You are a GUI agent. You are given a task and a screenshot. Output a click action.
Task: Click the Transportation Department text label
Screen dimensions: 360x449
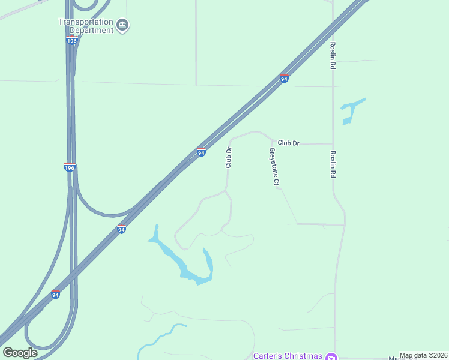click(x=85, y=26)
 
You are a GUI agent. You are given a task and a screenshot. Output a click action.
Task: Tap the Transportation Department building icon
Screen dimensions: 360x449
click(x=123, y=25)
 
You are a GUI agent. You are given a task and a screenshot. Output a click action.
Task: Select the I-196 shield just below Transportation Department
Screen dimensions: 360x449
click(x=72, y=40)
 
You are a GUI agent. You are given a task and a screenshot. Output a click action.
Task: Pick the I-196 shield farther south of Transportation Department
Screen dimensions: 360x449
click(x=70, y=167)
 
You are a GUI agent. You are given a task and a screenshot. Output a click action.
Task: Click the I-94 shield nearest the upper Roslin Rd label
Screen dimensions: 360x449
click(x=285, y=79)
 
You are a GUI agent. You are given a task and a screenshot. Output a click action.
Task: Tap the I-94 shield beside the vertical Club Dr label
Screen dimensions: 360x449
click(x=202, y=153)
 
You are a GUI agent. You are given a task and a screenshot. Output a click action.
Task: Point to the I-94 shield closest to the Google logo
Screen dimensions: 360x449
click(x=55, y=295)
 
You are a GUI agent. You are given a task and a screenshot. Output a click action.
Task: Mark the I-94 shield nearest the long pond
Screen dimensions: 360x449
click(x=121, y=229)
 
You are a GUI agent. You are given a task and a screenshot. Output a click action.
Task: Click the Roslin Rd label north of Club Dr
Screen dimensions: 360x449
click(x=332, y=55)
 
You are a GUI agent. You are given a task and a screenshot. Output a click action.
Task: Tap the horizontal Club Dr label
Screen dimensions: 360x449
click(x=288, y=143)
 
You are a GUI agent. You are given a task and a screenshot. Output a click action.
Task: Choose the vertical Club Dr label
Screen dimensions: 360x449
click(x=228, y=158)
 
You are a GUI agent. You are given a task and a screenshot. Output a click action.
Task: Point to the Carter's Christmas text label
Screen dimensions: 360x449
click(x=288, y=355)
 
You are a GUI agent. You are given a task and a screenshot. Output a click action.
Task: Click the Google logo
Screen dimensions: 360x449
click(x=20, y=353)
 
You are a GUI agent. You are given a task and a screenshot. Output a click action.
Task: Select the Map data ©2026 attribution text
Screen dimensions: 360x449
click(x=423, y=355)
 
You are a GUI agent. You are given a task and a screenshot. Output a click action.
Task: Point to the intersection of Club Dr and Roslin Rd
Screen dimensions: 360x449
click(x=333, y=144)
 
